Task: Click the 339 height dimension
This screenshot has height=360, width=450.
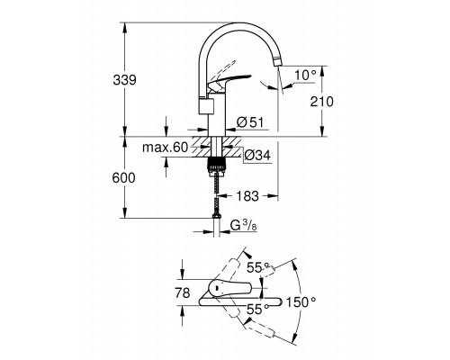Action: tap(124, 80)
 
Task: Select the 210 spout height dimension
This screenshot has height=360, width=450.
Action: tap(321, 102)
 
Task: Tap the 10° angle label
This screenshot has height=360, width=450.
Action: tap(305, 75)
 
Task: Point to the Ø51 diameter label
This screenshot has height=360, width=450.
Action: tap(250, 122)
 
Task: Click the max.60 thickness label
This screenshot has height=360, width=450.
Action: tap(165, 148)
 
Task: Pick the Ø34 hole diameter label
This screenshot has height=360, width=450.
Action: tap(257, 156)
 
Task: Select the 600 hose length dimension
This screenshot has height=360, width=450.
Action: tap(123, 178)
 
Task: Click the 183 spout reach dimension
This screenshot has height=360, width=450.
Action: tap(247, 196)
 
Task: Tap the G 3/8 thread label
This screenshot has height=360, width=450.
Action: tap(244, 225)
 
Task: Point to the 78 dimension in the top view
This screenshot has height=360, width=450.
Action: tap(183, 292)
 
